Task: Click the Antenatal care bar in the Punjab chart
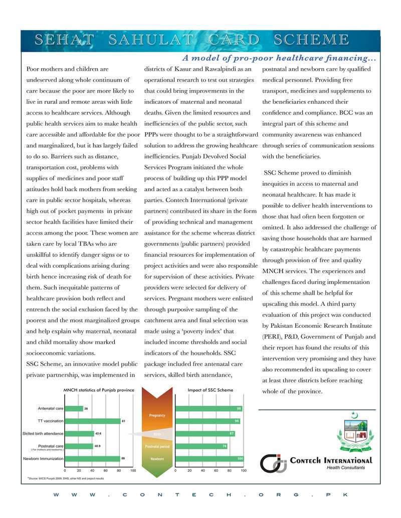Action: click(x=74, y=408)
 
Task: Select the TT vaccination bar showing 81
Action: click(x=93, y=421)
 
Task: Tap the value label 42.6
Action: click(x=98, y=433)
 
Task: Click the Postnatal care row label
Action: click(x=51, y=445)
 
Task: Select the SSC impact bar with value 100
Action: click(x=209, y=458)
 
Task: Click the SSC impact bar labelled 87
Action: click(x=205, y=433)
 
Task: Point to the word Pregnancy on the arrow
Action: click(x=157, y=415)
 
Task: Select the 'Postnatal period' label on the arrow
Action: click(x=157, y=446)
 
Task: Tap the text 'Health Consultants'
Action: click(x=346, y=468)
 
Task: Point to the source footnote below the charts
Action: click(x=66, y=478)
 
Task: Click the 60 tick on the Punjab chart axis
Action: click(x=106, y=471)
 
